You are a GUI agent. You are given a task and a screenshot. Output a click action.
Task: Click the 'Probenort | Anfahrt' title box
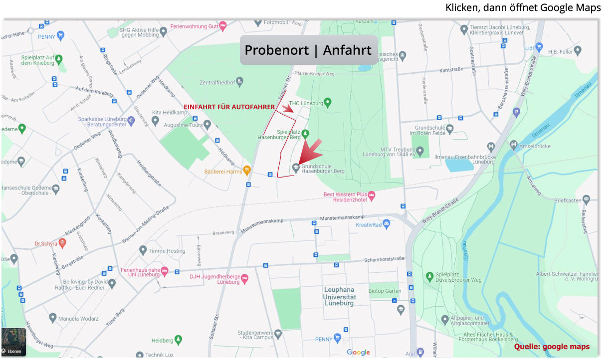click(308, 50)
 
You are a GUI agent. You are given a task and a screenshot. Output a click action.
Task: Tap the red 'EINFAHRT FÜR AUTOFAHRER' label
click(229, 107)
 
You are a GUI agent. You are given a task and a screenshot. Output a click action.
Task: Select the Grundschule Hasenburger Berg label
click(323, 169)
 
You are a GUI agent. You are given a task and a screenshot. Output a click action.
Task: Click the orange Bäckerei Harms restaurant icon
click(246, 171)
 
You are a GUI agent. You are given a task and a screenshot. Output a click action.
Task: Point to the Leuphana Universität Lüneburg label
click(340, 296)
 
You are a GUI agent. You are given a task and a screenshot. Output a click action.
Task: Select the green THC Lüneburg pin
click(328, 103)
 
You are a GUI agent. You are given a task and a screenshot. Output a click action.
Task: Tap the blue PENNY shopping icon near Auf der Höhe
click(61, 35)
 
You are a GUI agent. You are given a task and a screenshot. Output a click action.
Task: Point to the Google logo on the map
click(358, 353)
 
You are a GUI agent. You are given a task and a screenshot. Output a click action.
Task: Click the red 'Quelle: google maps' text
click(552, 347)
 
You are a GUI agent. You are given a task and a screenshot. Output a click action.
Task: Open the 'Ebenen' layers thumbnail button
click(13, 342)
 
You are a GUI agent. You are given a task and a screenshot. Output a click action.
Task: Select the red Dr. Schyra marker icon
click(62, 243)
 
